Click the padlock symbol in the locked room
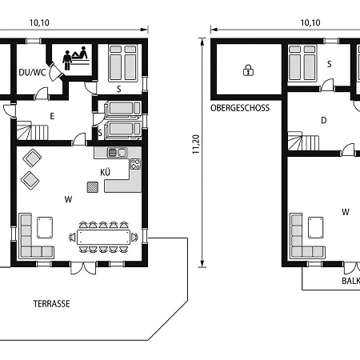pyautogui.click(x=248, y=70)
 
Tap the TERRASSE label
pyautogui.click(x=52, y=304)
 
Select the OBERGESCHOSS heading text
pyautogui.click(x=240, y=108)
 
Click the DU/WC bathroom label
pyautogui.click(x=32, y=72)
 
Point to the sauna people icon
pyautogui.click(x=75, y=58)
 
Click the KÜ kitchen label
pyautogui.click(x=106, y=172)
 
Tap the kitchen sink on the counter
pyautogui.click(x=118, y=153)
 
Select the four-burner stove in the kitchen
pyautogui.click(x=135, y=164)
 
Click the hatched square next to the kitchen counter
pyautogui.click(x=93, y=187)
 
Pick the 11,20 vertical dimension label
pyautogui.click(x=196, y=144)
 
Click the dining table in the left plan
pyautogui.click(x=104, y=237)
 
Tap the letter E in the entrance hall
pyautogui.click(x=52, y=116)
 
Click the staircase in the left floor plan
pyautogui.click(x=33, y=130)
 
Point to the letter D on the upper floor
pyautogui.click(x=324, y=121)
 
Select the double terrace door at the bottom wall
pyautogui.click(x=83, y=268)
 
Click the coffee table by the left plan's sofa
pyautogui.click(x=45, y=227)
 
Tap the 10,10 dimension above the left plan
pyautogui.click(x=39, y=22)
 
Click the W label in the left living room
pyautogui.click(x=68, y=199)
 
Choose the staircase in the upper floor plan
pyautogui.click(x=303, y=141)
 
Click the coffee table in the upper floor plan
pyautogui.click(x=316, y=227)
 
